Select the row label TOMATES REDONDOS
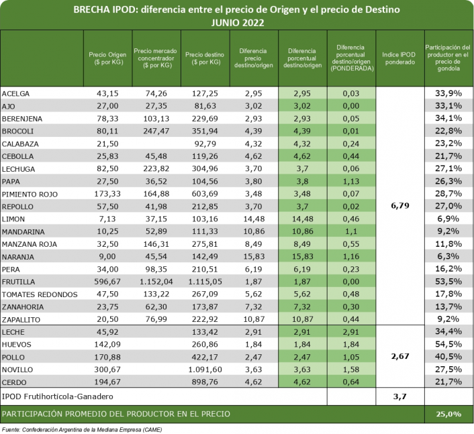click(33, 294)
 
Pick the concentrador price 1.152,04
click(155, 282)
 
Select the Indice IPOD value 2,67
click(400, 357)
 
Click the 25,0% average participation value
click(449, 415)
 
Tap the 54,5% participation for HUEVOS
click(449, 344)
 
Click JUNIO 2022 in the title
click(237, 22)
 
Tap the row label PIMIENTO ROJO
click(29, 194)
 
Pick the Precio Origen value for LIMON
click(108, 219)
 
